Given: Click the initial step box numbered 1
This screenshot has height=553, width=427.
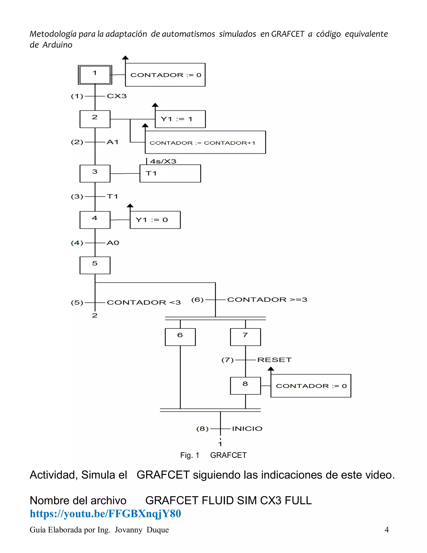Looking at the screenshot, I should pos(95,75).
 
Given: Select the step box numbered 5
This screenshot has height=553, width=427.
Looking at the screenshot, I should pos(95,265).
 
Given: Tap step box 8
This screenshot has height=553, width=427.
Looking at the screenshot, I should pos(245,386).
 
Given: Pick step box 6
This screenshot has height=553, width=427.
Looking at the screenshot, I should pos(180,337).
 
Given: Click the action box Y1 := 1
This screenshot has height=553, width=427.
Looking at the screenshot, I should pos(180,119).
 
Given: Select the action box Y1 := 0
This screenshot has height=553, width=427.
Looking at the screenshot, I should pos(155,220).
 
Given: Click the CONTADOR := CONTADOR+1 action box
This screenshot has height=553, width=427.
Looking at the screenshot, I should pos(205,143).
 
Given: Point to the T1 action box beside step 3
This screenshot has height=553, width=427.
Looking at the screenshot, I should pos(170,173).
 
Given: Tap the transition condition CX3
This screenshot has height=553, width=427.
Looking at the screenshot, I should pos(117,96).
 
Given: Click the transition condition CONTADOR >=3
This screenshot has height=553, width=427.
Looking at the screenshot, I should pos(267,299).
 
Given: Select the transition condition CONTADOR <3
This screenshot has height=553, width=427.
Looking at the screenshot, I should pos(143,302).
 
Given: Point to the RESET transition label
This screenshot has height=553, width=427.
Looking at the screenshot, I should pos(274,360).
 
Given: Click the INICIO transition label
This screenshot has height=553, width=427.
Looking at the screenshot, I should pos(247,429).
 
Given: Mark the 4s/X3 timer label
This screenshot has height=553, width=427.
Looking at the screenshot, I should pos(163,161).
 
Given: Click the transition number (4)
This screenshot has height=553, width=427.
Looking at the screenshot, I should pos(77,243).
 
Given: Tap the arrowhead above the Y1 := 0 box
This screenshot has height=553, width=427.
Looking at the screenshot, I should pos(130,206).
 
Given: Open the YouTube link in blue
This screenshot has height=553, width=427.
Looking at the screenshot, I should pos(105,514).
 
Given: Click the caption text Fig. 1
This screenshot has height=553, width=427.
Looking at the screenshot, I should pos(190,455).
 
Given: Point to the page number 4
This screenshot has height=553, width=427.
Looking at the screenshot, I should pos(386,530).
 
